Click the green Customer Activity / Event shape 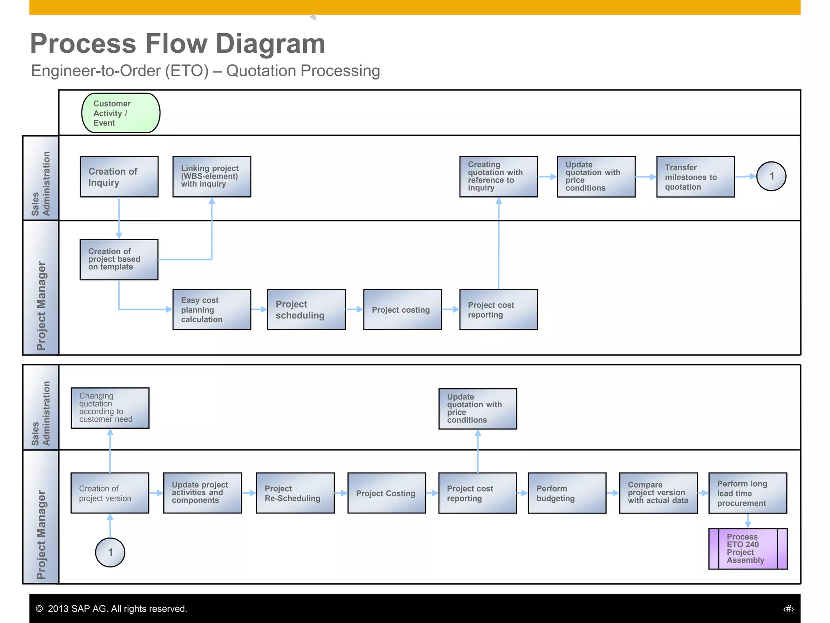[x=121, y=113]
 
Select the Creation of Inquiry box [x=119, y=177]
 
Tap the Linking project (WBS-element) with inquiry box [x=212, y=177]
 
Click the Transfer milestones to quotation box [x=695, y=177]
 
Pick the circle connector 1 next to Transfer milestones [x=771, y=176]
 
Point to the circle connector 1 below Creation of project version [x=110, y=552]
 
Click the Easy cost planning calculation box [x=212, y=309]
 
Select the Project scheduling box [x=306, y=309]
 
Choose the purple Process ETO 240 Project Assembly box [x=748, y=548]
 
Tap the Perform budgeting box [x=567, y=493]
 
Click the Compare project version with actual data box [x=658, y=493]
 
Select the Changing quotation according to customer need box [x=110, y=408]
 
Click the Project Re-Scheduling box [x=295, y=493]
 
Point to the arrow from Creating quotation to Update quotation [x=547, y=177]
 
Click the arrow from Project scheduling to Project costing [x=354, y=309]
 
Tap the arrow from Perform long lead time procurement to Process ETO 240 [x=748, y=521]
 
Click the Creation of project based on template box [x=119, y=260]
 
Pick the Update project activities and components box [x=203, y=493]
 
